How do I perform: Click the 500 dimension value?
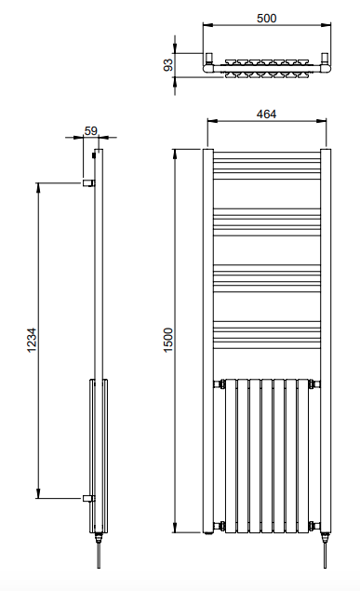coord(267,18)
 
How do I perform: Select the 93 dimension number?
coord(168,65)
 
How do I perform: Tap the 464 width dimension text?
coord(266,114)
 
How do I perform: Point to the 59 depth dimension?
coord(91,131)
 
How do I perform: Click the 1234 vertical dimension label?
coord(32,340)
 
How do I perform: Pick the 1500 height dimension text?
coord(168,340)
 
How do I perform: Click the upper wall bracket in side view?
coord(89,182)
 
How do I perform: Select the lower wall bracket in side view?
coord(89,498)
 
